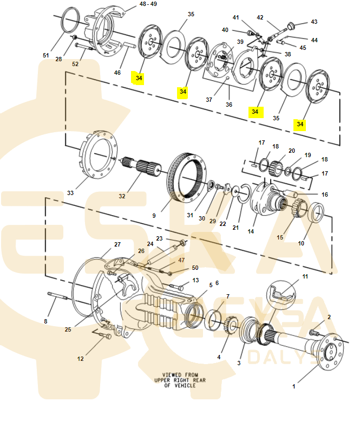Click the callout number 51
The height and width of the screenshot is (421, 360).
click(x=46, y=55)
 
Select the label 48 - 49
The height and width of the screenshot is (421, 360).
click(x=148, y=4)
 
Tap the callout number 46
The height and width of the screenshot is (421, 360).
click(x=117, y=73)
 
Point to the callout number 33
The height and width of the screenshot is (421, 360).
click(x=70, y=193)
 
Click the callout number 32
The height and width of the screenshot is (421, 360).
click(x=122, y=196)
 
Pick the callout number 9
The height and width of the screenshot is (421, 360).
click(x=154, y=216)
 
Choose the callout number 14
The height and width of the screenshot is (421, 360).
click(x=251, y=231)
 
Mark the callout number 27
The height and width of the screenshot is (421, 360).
click(x=117, y=244)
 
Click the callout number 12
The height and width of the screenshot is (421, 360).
click(x=81, y=359)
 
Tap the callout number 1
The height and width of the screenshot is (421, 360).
click(x=294, y=386)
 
